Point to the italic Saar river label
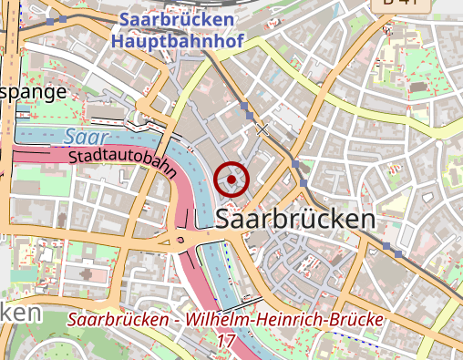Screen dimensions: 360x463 coord(80,137)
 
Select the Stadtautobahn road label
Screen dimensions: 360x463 coord(122,163)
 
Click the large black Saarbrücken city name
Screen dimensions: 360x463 coord(297,219)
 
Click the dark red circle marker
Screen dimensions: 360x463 coord(232,180)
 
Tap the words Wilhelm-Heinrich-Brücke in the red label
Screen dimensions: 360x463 coord(284,322)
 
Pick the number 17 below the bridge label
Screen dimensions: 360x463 coord(227,340)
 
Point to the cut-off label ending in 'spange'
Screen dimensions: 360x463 coord(34,92)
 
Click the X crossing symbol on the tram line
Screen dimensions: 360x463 coord(263,129)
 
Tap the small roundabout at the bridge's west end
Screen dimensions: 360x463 coord(180,241)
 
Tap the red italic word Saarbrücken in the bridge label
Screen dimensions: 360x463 coord(122,322)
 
